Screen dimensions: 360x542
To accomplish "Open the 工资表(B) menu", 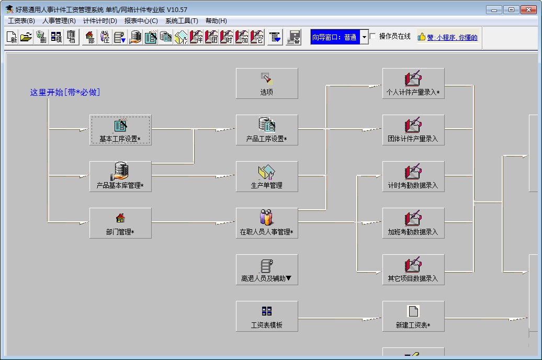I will [x=21, y=21].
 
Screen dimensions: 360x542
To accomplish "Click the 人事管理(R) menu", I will [x=59, y=21].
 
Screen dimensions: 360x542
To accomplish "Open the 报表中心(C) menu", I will [x=141, y=21].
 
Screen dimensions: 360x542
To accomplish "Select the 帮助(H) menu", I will [x=216, y=21].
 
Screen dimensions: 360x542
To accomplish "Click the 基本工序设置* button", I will [x=120, y=130].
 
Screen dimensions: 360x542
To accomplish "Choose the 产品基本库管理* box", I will [x=120, y=176].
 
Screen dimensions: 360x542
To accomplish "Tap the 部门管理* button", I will [x=120, y=223].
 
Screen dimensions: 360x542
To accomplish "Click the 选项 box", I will [x=267, y=83].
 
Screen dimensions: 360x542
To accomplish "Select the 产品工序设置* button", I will [x=267, y=130].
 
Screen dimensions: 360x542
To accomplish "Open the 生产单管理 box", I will [x=267, y=176].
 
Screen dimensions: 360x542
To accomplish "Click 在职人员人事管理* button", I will [x=267, y=223].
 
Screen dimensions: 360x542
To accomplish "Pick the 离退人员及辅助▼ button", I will [x=267, y=269].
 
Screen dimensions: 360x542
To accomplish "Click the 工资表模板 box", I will [x=267, y=316].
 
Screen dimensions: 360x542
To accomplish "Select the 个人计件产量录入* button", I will [x=413, y=83].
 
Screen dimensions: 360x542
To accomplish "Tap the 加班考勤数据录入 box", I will [x=413, y=223].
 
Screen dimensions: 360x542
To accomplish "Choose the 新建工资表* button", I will [x=413, y=316].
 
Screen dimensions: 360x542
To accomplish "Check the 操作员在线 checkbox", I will [x=373, y=37].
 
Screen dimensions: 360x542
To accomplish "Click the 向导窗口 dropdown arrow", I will [x=365, y=37].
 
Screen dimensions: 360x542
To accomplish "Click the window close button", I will [x=528, y=9].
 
